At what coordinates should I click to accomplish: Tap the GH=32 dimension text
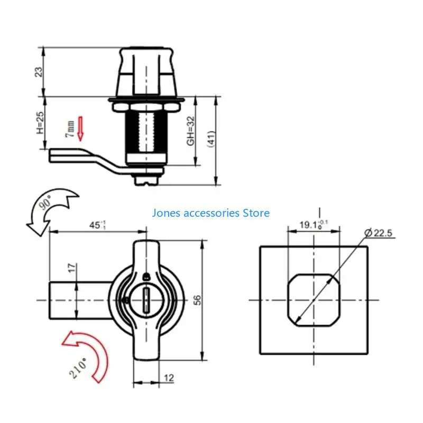click(191, 131)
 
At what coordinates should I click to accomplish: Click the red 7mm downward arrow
click(80, 129)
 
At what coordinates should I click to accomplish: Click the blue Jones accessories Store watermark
click(210, 213)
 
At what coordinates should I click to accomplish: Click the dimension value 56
click(197, 300)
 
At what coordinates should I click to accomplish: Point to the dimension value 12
click(169, 379)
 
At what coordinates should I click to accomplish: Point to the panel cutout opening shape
click(313, 300)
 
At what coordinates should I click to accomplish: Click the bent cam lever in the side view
click(85, 157)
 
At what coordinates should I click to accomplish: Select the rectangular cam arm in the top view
click(79, 300)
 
